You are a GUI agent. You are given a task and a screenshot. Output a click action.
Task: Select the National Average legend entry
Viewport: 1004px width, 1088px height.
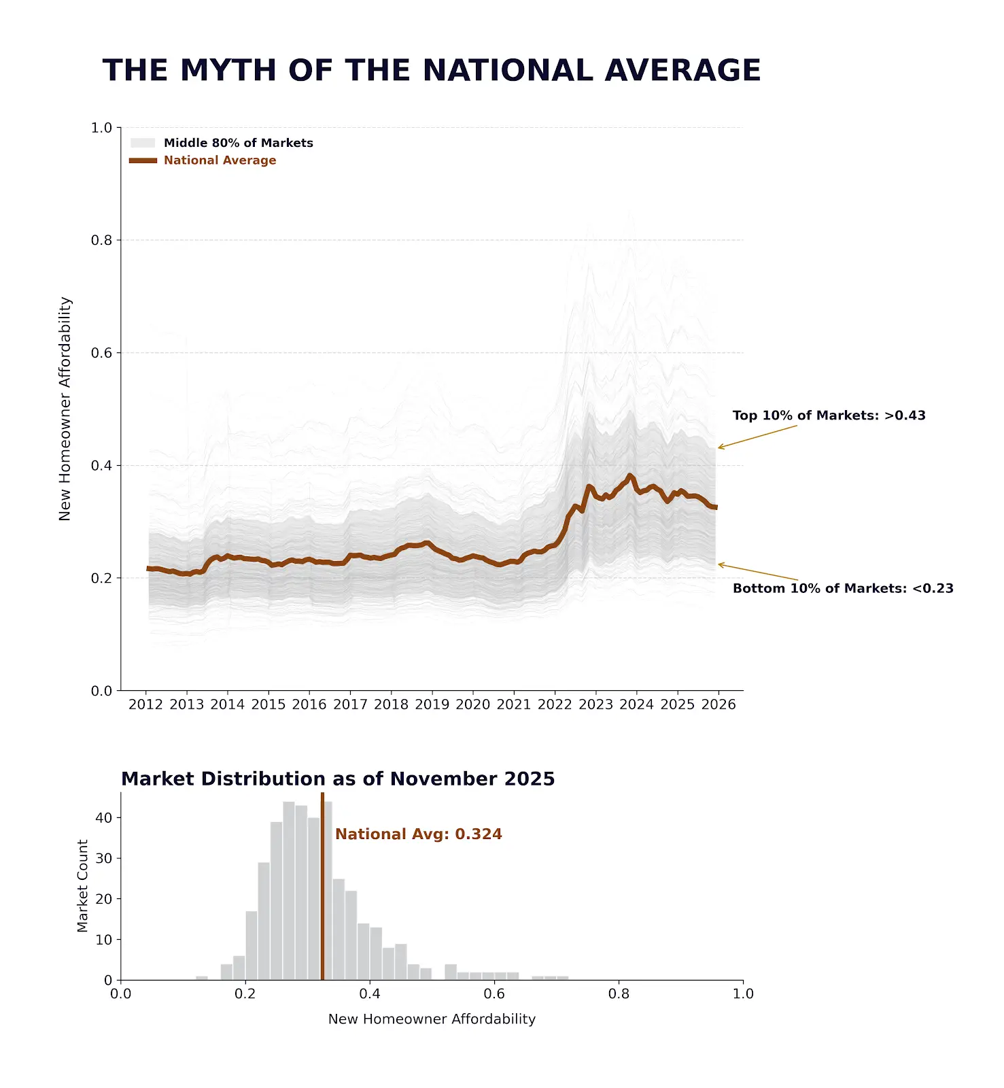[x=203, y=160]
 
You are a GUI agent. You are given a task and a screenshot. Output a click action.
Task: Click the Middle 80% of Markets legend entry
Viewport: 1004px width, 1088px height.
[x=222, y=143]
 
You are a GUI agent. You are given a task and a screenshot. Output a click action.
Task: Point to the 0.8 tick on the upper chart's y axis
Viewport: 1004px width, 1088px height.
[x=102, y=240]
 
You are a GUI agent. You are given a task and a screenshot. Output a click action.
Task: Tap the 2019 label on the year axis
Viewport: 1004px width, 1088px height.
[x=432, y=704]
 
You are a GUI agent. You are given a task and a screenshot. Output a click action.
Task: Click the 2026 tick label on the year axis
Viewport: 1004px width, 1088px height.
[x=719, y=704]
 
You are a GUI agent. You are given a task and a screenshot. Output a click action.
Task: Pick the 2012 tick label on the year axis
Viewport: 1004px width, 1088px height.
[x=145, y=704]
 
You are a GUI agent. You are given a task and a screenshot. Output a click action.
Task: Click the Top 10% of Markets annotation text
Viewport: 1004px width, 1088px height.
[x=829, y=415]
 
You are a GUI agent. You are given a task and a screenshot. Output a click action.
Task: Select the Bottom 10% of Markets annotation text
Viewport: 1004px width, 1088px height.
[x=843, y=588]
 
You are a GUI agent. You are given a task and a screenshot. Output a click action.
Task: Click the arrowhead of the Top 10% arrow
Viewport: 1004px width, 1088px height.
[x=719, y=448]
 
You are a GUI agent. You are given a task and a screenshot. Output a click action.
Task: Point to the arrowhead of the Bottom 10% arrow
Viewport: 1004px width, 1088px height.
[x=719, y=564]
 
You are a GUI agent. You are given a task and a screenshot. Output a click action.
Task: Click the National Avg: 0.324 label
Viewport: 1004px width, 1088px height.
[x=419, y=834]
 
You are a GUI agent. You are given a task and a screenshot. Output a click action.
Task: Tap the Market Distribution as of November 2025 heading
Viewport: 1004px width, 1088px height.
[x=338, y=779]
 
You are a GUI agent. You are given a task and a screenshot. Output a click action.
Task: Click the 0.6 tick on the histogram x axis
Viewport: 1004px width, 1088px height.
[x=494, y=994]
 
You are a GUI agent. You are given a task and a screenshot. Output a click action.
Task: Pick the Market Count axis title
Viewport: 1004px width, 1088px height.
[x=82, y=886]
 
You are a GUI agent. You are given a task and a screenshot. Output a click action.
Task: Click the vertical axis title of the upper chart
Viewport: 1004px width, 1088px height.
[x=65, y=409]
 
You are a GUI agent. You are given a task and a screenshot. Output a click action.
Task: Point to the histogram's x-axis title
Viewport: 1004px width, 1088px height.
[x=432, y=1019]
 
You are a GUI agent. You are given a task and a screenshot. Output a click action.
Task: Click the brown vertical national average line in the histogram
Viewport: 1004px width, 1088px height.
[x=322, y=886]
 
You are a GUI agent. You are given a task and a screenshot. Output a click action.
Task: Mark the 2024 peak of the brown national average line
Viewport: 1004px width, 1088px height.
[x=629, y=475]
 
